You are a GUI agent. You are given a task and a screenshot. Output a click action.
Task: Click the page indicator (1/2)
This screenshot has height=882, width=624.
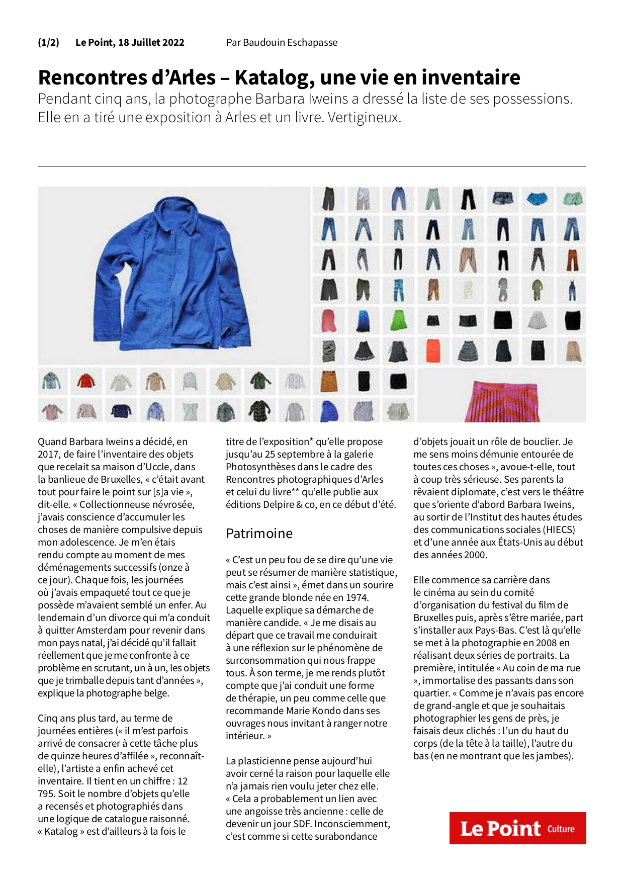pos(48,42)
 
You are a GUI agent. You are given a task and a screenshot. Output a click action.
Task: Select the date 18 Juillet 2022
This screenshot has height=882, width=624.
pos(151,42)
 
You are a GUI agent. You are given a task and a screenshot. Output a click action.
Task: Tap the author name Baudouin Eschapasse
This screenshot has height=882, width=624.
pos(290,42)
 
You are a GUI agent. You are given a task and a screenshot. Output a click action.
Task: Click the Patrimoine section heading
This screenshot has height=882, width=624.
pos(259,533)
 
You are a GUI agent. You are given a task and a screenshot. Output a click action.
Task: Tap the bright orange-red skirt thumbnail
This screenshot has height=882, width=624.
pos(433,350)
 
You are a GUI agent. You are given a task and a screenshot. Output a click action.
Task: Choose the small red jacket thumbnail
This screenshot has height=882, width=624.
pos(86,381)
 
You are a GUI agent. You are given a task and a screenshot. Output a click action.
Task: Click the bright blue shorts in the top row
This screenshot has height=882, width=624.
pos(537,199)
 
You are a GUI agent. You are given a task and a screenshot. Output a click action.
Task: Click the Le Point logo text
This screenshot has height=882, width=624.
pos(500,829)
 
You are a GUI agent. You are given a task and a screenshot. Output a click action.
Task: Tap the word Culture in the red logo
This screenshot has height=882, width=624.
pos(561,829)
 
